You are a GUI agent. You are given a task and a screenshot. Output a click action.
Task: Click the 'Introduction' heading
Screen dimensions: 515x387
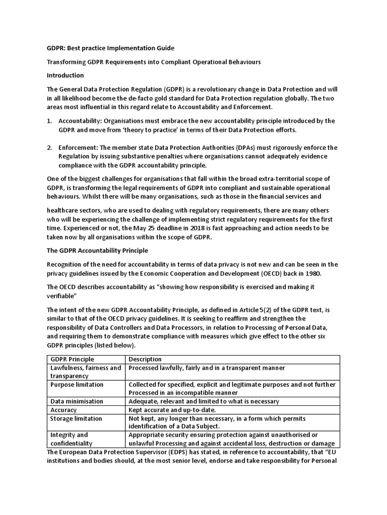(x=65, y=75)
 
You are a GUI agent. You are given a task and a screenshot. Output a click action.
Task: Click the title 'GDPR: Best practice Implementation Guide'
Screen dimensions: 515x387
(x=110, y=48)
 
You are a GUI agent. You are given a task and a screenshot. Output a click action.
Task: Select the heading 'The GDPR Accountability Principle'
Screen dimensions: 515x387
(x=97, y=250)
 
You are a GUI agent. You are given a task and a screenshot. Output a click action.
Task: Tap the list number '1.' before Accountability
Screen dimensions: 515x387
(x=49, y=121)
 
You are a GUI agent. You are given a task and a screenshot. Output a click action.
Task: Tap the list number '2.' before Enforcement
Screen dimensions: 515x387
(x=49, y=147)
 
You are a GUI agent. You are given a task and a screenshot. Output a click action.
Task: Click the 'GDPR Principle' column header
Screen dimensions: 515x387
(x=72, y=359)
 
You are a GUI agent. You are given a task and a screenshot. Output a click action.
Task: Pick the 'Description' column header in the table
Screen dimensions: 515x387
(x=145, y=359)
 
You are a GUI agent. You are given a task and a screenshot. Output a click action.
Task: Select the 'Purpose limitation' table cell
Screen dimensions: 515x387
(x=77, y=385)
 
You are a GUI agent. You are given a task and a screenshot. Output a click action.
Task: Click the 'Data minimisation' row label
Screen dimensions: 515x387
(x=77, y=401)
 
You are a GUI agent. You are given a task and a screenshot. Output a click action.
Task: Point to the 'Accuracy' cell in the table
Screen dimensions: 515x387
(x=63, y=410)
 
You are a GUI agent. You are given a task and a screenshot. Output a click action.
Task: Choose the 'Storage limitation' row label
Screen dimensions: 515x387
(x=76, y=418)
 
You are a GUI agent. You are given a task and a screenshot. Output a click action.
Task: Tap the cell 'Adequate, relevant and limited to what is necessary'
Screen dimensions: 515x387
(x=204, y=401)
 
